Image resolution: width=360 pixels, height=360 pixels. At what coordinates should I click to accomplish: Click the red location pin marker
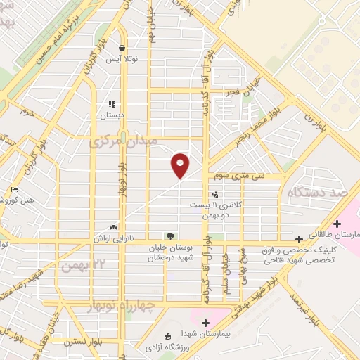[x=181, y=165]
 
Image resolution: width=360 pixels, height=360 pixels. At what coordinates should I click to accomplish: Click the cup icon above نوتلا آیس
[x=122, y=48]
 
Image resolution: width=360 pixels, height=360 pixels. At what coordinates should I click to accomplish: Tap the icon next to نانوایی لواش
[x=113, y=227]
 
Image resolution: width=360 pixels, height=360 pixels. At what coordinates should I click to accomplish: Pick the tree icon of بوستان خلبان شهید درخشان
[x=169, y=236]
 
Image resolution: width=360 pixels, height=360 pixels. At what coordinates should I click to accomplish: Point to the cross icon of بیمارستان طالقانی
[x=337, y=223]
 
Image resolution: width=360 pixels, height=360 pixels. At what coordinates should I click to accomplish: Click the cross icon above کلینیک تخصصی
[x=299, y=239]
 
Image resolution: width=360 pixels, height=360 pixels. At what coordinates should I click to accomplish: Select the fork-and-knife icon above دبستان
[x=112, y=105]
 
